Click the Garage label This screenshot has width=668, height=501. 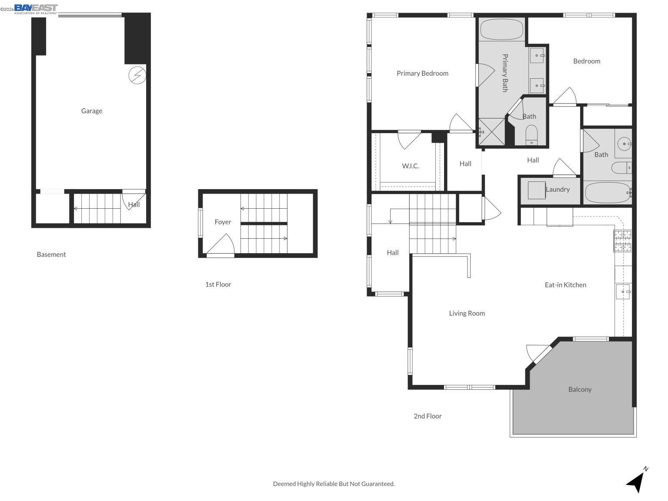pos(92,111)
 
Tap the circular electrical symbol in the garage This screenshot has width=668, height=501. pos(137,75)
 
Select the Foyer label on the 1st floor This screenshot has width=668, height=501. pos(223,222)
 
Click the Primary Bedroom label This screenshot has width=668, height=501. pos(422,73)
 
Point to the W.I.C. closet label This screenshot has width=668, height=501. pos(411,166)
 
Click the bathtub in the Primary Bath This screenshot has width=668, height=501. pos(502,30)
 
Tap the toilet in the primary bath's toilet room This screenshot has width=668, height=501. pos(532,134)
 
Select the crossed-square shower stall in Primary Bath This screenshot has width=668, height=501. pos(492,131)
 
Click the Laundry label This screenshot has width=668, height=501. pos(558,190)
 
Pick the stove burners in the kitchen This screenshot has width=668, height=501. pos(622,241)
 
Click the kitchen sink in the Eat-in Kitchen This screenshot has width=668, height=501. pos(623,292)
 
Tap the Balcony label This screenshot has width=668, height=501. pos(580,389)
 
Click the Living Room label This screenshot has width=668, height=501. pos(467,313)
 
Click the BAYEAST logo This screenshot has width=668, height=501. pos(36,9)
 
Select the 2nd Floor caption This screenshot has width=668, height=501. pos(428,416)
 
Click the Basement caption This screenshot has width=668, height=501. pos(51,254)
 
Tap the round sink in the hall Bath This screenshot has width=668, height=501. pos(624,144)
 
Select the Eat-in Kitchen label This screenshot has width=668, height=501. pos(565,285)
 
